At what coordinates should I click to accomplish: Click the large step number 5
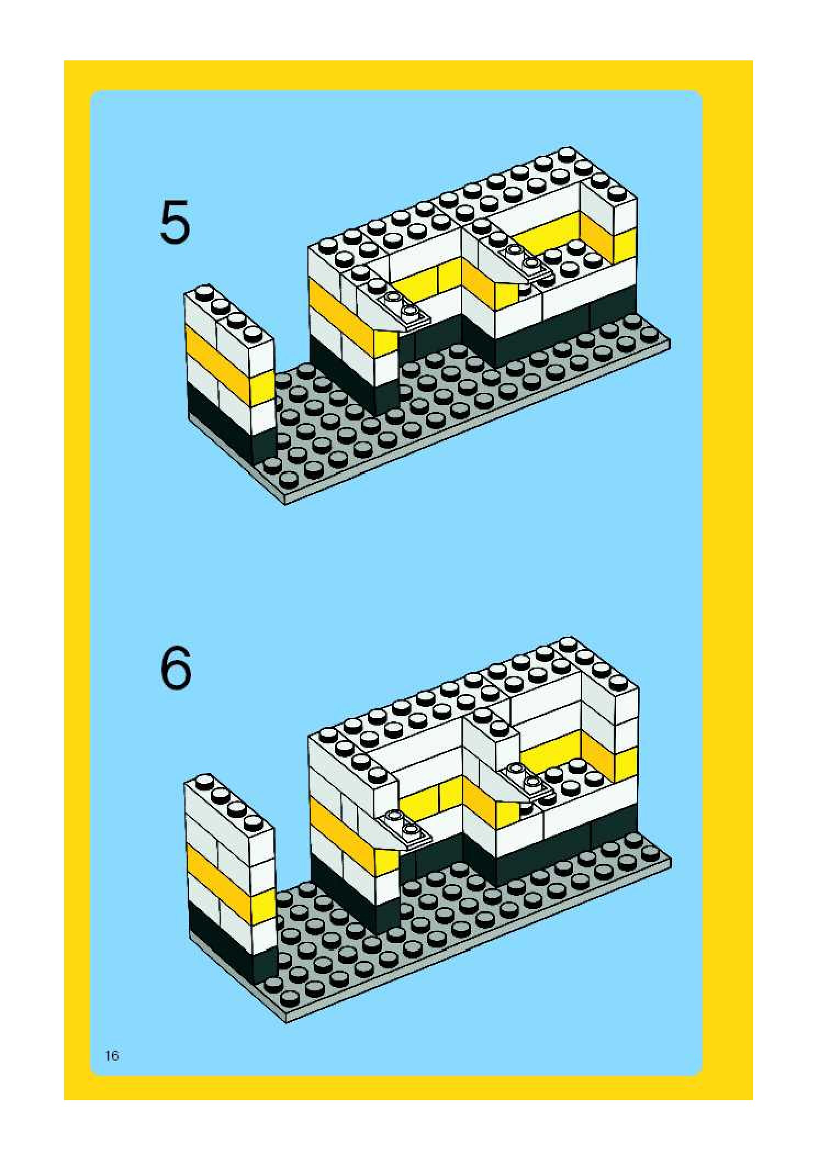pyautogui.click(x=175, y=222)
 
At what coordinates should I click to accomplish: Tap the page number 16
pyautogui.click(x=112, y=1056)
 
